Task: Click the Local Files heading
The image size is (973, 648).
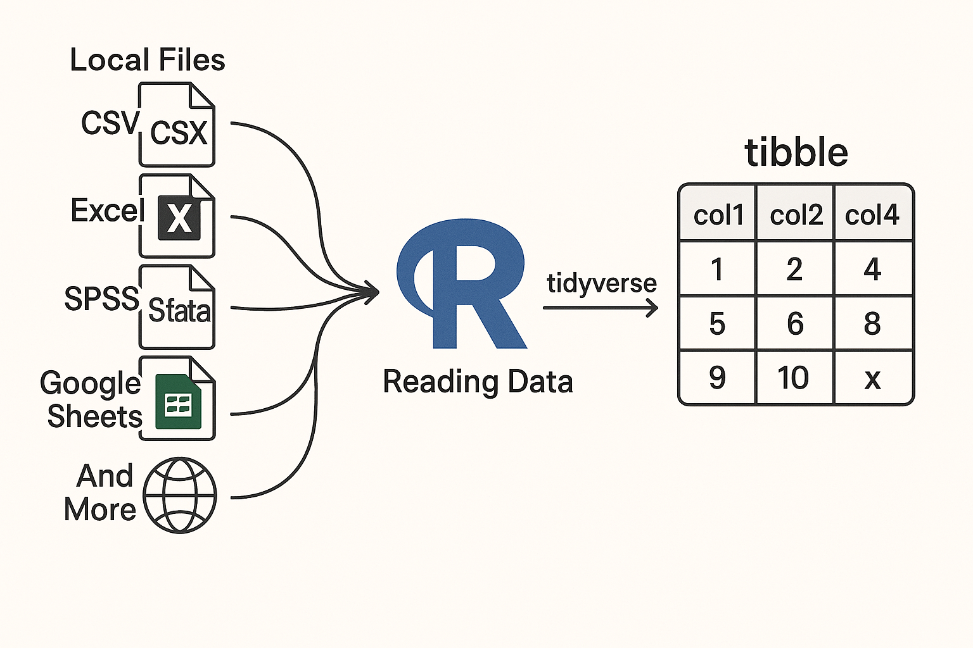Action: pyautogui.click(x=147, y=60)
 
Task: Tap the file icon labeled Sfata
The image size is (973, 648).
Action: pyautogui.click(x=177, y=308)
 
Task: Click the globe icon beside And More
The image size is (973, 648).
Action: pyautogui.click(x=180, y=495)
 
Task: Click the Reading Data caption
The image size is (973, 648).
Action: pyautogui.click(x=478, y=382)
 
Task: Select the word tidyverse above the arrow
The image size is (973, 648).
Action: pyautogui.click(x=602, y=283)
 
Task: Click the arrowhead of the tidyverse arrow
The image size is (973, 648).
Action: pyautogui.click(x=652, y=308)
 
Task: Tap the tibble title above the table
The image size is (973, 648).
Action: pyautogui.click(x=796, y=153)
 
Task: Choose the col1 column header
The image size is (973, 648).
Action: pyautogui.click(x=718, y=215)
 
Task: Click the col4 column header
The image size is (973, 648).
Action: pyautogui.click(x=872, y=215)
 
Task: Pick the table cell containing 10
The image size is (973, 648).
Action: pyautogui.click(x=794, y=378)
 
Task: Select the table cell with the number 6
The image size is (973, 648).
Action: pyautogui.click(x=795, y=323)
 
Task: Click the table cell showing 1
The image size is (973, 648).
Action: pyautogui.click(x=717, y=270)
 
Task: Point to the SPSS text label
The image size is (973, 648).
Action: pyautogui.click(x=101, y=298)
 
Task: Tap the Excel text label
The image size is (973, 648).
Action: pyautogui.click(x=105, y=210)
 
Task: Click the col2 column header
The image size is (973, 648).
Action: pyautogui.click(x=796, y=215)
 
